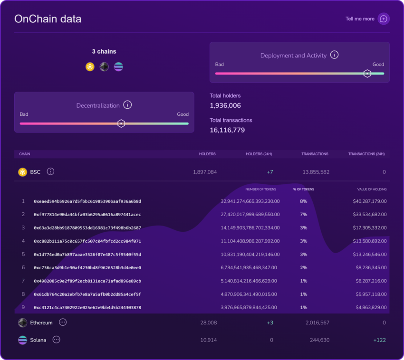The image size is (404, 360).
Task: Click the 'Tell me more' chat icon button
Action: point(384,19)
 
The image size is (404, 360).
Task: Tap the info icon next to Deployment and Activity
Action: point(334,55)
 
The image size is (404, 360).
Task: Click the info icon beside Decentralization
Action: point(127,105)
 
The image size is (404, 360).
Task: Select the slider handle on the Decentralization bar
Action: point(121,123)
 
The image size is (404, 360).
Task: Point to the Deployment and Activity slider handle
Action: point(367,74)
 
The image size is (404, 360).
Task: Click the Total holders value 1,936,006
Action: point(225,105)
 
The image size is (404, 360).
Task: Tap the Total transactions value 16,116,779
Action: point(227,130)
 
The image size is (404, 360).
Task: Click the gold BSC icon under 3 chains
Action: point(90,67)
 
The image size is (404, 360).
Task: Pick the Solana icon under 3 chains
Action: point(118,67)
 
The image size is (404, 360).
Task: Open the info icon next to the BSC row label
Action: point(50,171)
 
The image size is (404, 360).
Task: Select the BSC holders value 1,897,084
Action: point(205,172)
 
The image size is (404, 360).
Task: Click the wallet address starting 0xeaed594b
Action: point(87,201)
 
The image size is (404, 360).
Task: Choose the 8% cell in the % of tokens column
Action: point(303,201)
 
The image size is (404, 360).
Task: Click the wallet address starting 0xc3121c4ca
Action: point(87,308)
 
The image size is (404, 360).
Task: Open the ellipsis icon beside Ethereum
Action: point(63,322)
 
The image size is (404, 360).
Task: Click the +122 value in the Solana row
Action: point(379,340)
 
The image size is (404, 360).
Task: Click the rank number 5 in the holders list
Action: point(23,255)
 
